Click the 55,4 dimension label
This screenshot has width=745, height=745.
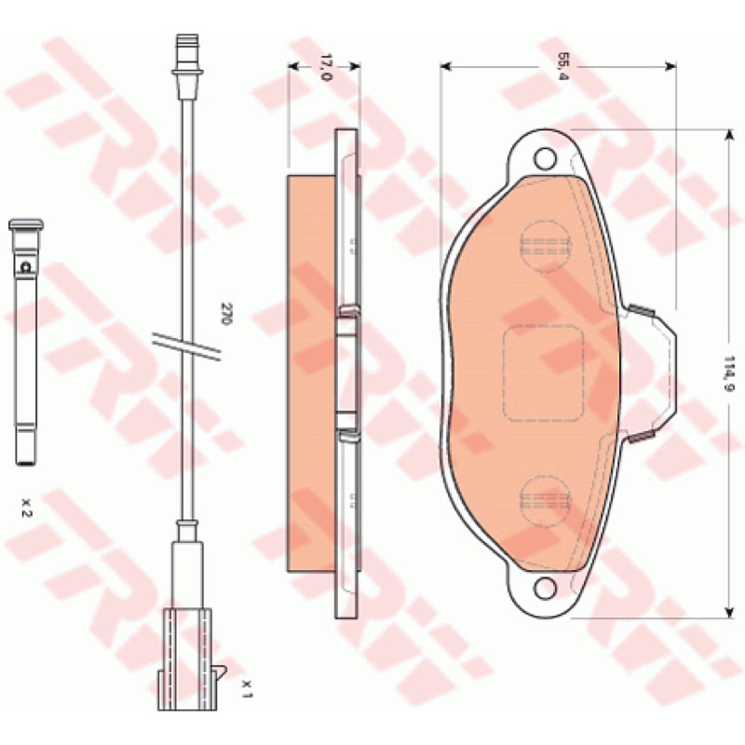[x=562, y=66]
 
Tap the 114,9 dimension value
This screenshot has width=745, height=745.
[x=729, y=374]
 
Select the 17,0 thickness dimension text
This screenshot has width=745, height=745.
[x=325, y=67]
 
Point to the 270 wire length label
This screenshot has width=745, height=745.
[x=225, y=314]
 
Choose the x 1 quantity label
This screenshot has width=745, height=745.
[x=247, y=688]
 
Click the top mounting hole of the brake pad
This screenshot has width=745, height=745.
[x=545, y=158]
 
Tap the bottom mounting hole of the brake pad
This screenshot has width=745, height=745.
[x=545, y=588]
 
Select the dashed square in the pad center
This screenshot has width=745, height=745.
[x=543, y=373]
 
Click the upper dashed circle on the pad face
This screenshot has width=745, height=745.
[x=545, y=247]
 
